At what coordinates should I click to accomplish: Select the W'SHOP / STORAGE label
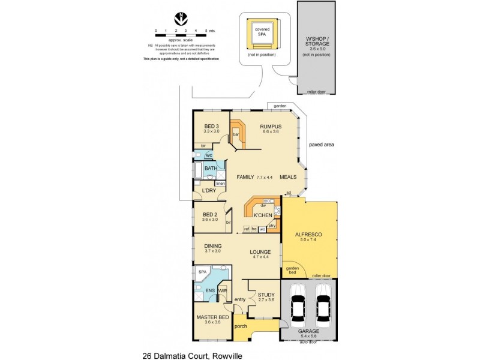[x=317, y=41]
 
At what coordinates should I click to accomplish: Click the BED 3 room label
[x=211, y=127]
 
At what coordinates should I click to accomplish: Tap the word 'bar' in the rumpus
[x=236, y=135]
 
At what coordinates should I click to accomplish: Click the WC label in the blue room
[x=209, y=155]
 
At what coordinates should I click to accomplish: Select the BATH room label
[x=211, y=169]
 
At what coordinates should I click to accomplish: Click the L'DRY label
[x=209, y=191]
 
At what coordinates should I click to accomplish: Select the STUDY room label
[x=266, y=295]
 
